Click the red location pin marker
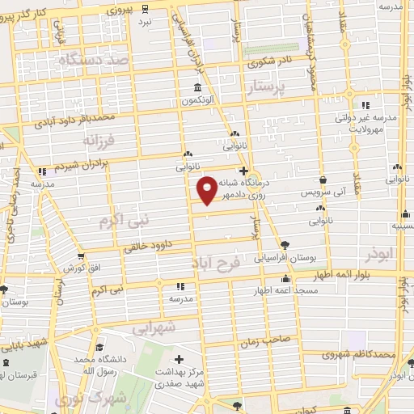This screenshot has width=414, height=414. pos(207,190)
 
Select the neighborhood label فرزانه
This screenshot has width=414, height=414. pos(99,140)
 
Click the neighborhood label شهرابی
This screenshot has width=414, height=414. pos(153,328)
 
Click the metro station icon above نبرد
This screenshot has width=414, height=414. pos(144,10)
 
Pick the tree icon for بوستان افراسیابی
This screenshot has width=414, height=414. pos(285,245)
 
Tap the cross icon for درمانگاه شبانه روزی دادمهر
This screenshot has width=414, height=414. pos(254,169)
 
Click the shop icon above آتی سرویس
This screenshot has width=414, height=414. pos(323,180)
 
